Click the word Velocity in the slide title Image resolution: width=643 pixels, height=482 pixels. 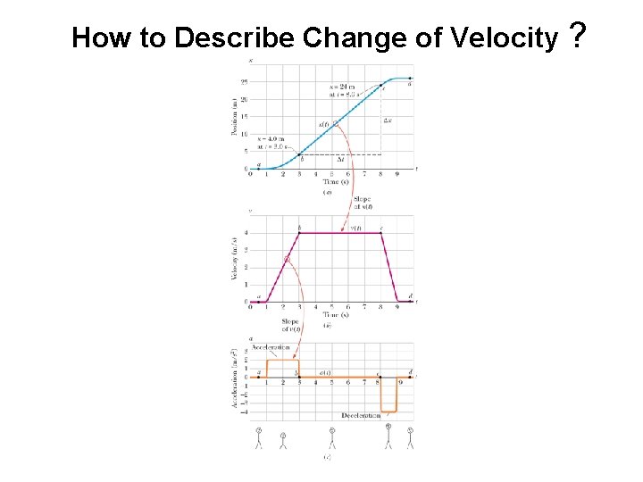coord(505,37)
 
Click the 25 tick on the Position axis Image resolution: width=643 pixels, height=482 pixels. coord(244,82)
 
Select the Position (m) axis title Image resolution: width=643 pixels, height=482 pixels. coord(234,117)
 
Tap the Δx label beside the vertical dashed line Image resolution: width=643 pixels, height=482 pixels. coord(388,119)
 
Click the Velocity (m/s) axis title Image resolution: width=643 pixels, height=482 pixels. coord(234,260)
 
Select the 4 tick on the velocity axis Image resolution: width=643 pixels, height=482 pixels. coord(246,234)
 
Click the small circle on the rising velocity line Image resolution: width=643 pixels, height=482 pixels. coord(287,260)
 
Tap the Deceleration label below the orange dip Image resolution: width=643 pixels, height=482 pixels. coord(361,416)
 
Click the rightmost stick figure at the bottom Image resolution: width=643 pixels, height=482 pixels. coord(410,436)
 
